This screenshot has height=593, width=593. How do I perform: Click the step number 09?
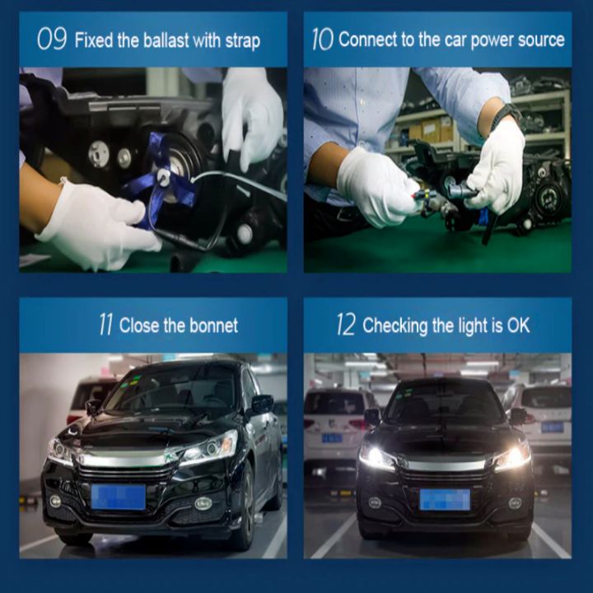point(52,39)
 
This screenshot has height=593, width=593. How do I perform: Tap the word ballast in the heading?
point(166,40)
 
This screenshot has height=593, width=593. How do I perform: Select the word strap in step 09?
point(243,41)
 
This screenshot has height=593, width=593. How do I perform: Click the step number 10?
point(323,39)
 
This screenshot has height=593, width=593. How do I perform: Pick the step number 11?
point(106,325)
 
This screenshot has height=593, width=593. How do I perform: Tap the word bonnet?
point(213,325)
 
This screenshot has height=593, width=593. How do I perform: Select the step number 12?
point(346,325)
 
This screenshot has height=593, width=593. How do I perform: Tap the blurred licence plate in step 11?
point(118,497)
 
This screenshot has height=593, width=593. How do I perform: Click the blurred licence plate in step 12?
point(445,499)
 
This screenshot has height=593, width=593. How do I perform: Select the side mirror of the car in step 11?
point(262,404)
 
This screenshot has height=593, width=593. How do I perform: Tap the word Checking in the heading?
point(395,326)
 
